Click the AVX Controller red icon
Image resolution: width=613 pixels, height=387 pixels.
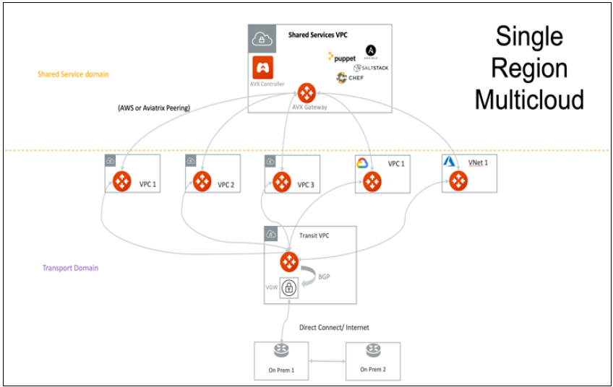[262, 69]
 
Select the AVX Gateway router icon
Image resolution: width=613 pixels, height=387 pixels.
[306, 93]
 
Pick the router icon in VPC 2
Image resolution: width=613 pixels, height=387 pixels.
[202, 181]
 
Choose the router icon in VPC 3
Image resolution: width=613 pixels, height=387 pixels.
[281, 181]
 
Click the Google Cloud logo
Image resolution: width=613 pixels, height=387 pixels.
[363, 164]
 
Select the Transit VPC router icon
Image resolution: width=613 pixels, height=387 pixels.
[289, 261]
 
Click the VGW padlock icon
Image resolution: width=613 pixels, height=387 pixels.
[289, 288]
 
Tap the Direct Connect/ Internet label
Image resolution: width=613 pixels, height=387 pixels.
[334, 328]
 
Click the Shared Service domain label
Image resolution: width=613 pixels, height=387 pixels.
[73, 74]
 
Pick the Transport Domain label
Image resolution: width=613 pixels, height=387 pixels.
[70, 268]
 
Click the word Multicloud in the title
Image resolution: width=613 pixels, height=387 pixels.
[528, 99]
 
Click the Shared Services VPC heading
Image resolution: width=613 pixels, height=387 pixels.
[319, 35]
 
